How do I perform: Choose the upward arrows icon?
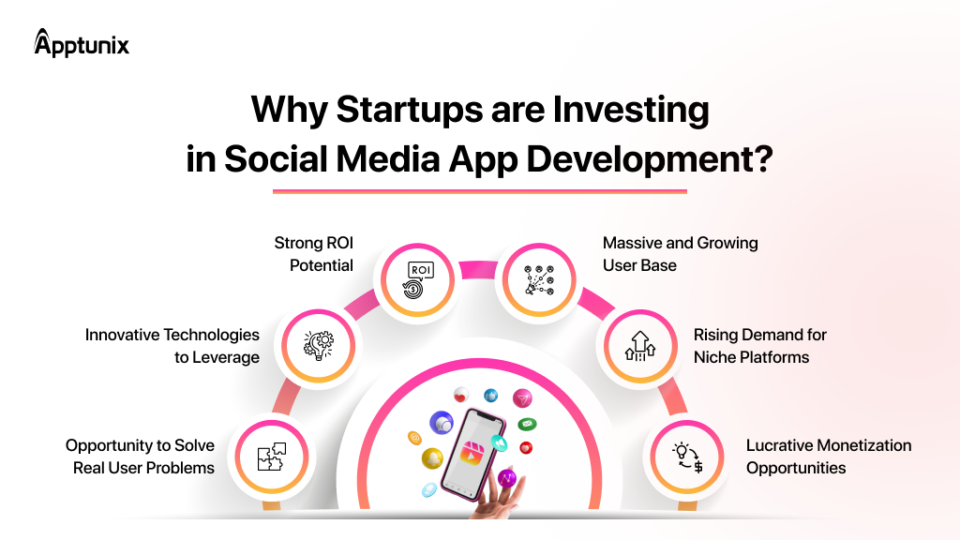(640, 345)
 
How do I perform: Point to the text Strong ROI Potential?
(314, 254)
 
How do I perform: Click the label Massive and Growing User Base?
(680, 254)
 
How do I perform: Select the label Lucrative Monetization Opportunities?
(829, 457)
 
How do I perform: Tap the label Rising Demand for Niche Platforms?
(759, 346)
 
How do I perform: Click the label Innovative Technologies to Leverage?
(172, 346)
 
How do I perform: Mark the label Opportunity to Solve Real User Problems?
(141, 457)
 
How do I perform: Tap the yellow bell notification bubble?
(432, 458)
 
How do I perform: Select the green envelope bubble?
(527, 424)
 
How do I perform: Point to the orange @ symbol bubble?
(414, 437)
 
